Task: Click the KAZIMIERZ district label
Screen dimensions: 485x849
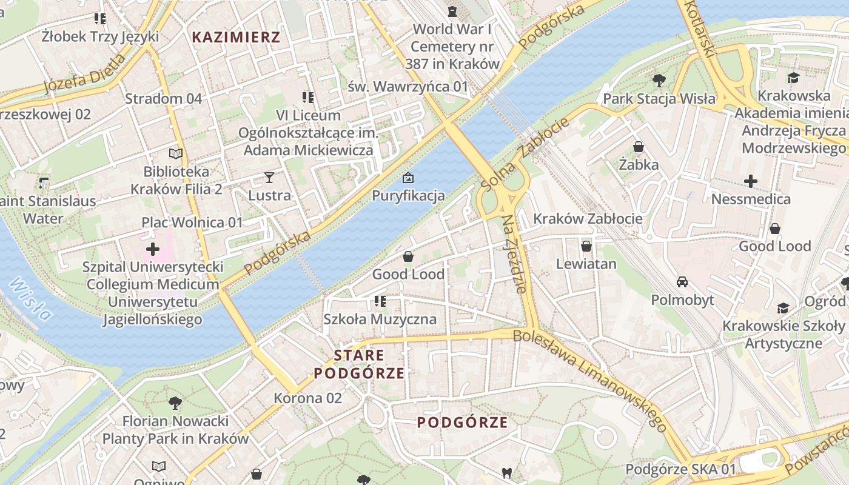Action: [236, 38]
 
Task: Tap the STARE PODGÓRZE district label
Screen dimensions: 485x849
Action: [359, 364]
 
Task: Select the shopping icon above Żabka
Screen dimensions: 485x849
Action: [639, 147]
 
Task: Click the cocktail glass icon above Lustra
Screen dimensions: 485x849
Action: [269, 178]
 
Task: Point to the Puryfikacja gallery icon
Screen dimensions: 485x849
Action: [408, 178]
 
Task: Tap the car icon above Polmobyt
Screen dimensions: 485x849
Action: [682, 282]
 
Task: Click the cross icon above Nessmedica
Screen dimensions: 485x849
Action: [751, 181]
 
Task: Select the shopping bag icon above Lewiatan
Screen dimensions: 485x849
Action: [586, 246]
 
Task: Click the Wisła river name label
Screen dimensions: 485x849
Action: [30, 299]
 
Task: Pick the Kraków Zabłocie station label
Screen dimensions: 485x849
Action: [588, 219]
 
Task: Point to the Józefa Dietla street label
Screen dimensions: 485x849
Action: [84, 75]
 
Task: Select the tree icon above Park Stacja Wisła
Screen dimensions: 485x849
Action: [659, 80]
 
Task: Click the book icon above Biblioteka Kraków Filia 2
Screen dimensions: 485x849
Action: [176, 154]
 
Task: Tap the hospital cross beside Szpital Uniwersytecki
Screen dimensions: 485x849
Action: [153, 249]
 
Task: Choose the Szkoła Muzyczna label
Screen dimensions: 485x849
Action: [380, 319]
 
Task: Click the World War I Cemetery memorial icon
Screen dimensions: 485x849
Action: [452, 11]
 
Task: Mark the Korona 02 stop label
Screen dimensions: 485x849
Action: [308, 398]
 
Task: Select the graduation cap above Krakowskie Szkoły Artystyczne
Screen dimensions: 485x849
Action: [783, 308]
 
